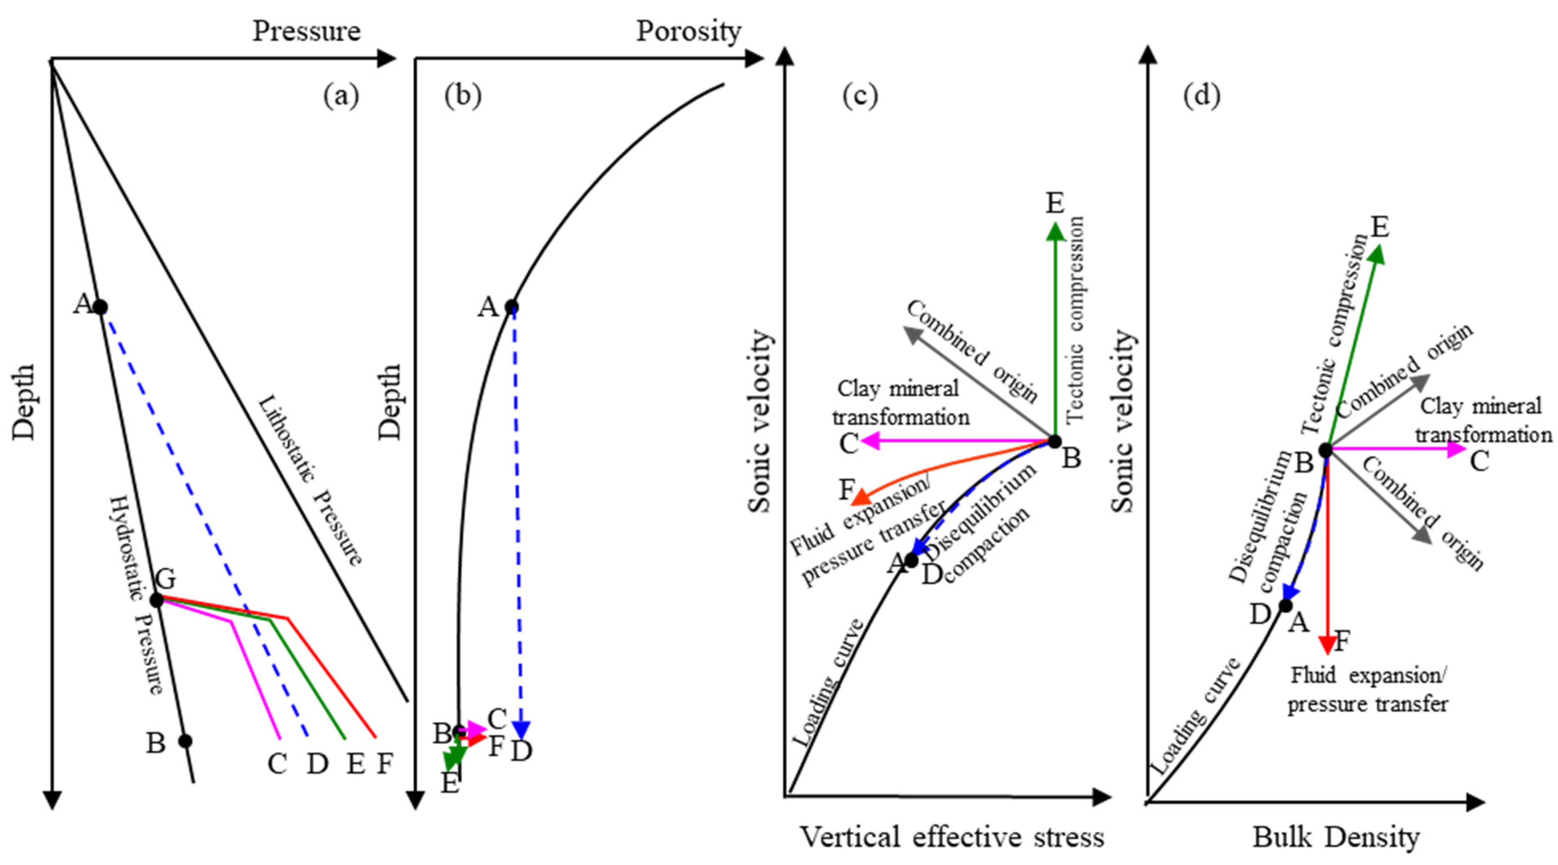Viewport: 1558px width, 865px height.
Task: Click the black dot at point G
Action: [x=156, y=600]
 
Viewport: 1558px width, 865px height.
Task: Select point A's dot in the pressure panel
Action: [x=100, y=307]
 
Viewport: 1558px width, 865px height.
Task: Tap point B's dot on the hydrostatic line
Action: [x=185, y=741]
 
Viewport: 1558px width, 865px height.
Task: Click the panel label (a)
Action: [x=341, y=96]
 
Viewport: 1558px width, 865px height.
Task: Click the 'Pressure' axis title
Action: [x=306, y=31]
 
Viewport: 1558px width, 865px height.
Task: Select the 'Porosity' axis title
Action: [x=688, y=31]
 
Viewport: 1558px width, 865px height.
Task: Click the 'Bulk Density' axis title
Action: [x=1335, y=837]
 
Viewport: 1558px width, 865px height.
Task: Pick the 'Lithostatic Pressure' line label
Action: [x=310, y=481]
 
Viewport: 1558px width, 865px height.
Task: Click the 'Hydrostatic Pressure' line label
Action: [x=137, y=596]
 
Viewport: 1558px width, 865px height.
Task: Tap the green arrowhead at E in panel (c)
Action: [x=1056, y=231]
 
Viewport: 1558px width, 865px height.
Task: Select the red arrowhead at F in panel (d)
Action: [x=1328, y=645]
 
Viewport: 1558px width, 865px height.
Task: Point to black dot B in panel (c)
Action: [x=1054, y=441]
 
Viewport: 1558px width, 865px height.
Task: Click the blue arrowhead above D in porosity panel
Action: [x=521, y=731]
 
